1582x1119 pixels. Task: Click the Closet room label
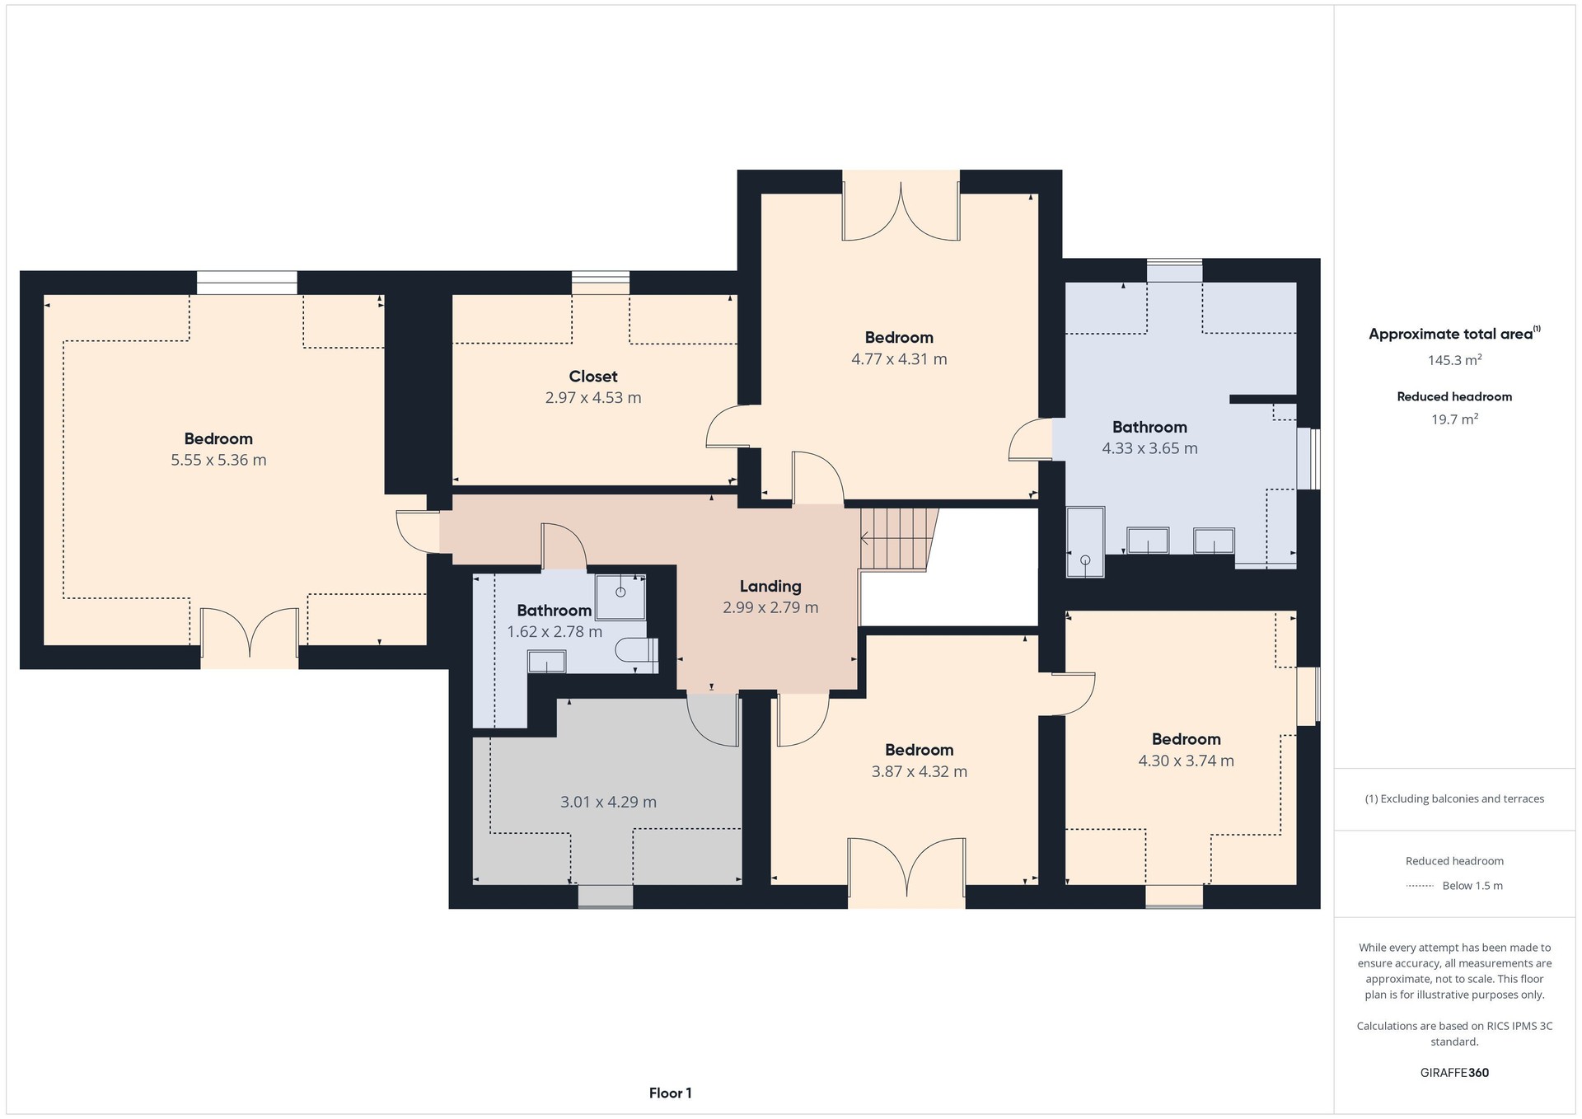pyautogui.click(x=593, y=377)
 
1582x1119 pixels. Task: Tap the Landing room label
pyautogui.click(x=770, y=586)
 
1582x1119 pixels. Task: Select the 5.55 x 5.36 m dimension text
pyautogui.click(x=218, y=460)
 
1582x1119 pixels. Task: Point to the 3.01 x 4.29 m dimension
pyautogui.click(x=608, y=802)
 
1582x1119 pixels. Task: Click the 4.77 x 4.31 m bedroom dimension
pyautogui.click(x=899, y=359)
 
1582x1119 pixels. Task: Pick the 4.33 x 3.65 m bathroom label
pyautogui.click(x=1149, y=448)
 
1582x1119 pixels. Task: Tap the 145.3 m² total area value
pyautogui.click(x=1455, y=360)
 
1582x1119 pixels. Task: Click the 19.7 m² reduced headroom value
pyautogui.click(x=1455, y=419)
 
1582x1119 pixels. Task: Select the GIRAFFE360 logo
pyautogui.click(x=1455, y=1073)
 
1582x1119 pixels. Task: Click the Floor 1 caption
pyautogui.click(x=671, y=1093)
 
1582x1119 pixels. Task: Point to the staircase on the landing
pyautogui.click(x=899, y=539)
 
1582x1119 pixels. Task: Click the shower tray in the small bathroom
pyautogui.click(x=620, y=597)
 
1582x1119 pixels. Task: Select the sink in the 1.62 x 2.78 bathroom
pyautogui.click(x=546, y=662)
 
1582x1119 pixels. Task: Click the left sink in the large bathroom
pyautogui.click(x=1147, y=541)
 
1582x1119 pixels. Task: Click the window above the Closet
pyautogui.click(x=601, y=283)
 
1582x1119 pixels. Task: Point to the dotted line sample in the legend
pyautogui.click(x=1420, y=887)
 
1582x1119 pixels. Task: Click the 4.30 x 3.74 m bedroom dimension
pyautogui.click(x=1186, y=761)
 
